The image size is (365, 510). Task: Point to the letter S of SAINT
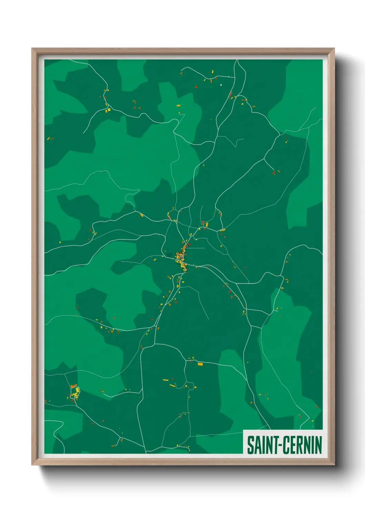point(250,445)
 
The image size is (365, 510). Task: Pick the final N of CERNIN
point(318,445)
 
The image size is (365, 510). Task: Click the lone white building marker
point(221,85)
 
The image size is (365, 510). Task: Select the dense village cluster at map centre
point(181,258)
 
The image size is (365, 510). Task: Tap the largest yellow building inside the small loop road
point(77,390)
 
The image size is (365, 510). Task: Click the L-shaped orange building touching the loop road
point(73,386)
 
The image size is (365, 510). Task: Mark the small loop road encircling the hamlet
point(71,396)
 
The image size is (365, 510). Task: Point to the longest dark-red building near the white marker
point(231,94)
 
